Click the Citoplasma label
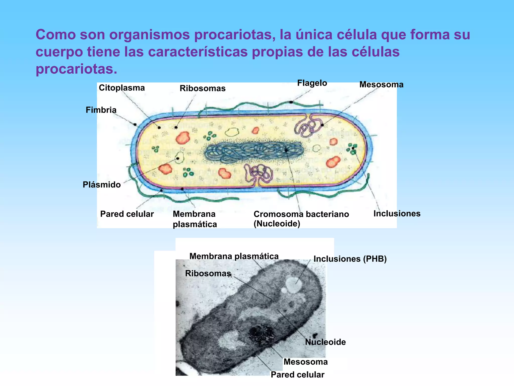click(x=122, y=88)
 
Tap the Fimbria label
click(x=101, y=110)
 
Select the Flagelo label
click(x=312, y=83)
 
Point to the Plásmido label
click(x=102, y=185)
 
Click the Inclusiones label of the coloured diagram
click(x=397, y=213)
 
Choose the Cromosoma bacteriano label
click(x=301, y=214)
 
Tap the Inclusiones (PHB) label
click(x=350, y=259)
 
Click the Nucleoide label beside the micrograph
click(x=325, y=342)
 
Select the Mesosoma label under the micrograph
click(x=305, y=362)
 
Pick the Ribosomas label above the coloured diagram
click(x=203, y=88)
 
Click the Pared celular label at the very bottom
click(x=297, y=374)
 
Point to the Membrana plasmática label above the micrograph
click(x=234, y=256)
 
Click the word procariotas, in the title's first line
click(x=233, y=35)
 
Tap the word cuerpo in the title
click(x=59, y=52)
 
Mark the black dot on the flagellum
click(x=291, y=102)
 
